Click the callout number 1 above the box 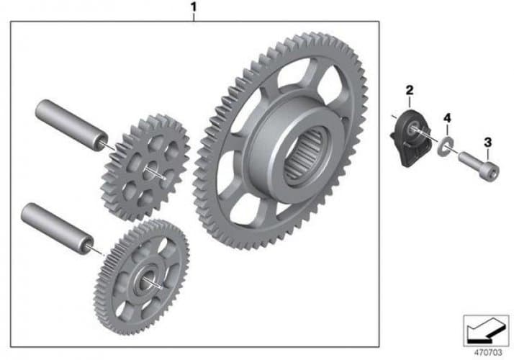pyautogui.click(x=194, y=6)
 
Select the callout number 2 pyautogui.click(x=410, y=90)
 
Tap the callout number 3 pyautogui.click(x=488, y=143)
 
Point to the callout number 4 pyautogui.click(x=447, y=117)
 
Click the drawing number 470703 pyautogui.click(x=488, y=353)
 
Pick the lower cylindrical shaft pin pyautogui.click(x=58, y=228)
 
